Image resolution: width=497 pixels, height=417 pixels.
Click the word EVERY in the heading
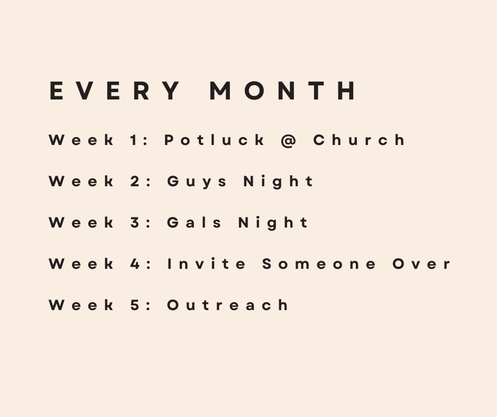[114, 91]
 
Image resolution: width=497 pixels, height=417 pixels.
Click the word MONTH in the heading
[282, 91]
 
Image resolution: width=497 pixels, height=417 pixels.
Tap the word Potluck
[214, 140]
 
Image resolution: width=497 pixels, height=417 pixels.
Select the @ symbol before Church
[288, 141]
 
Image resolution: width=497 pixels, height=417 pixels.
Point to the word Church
[359, 140]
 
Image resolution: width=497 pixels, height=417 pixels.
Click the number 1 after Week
[134, 140]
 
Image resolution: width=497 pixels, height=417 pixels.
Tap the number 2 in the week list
[135, 181]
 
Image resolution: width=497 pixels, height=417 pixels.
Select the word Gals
[194, 222]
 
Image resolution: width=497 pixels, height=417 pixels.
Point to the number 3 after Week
[135, 222]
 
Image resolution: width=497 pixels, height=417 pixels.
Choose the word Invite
[206, 264]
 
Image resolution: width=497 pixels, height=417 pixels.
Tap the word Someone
[319, 264]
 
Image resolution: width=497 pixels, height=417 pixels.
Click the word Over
[421, 264]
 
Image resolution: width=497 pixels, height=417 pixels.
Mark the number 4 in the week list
[135, 264]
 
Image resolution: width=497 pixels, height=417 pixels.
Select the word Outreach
[227, 305]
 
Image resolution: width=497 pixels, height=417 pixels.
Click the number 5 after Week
[135, 305]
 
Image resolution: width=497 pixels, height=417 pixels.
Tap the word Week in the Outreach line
[81, 305]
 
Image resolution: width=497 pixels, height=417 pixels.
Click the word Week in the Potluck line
[81, 140]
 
